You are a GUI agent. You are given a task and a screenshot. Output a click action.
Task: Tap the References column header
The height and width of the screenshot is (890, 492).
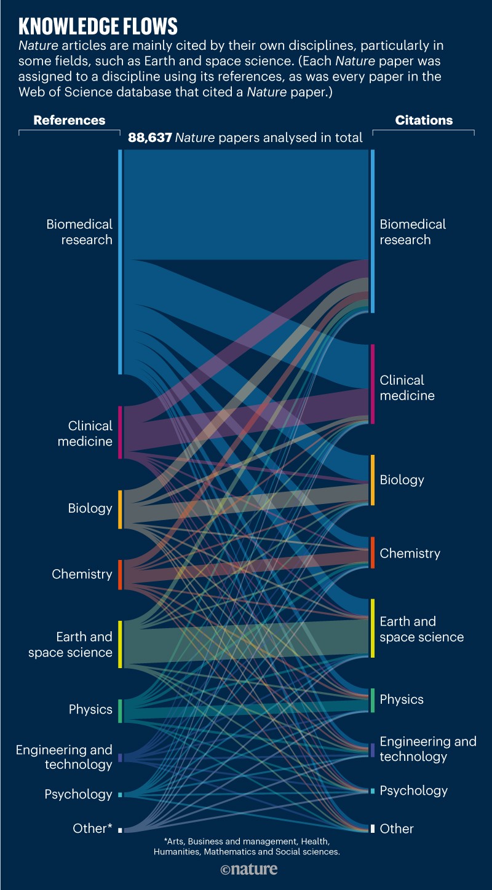click(x=69, y=120)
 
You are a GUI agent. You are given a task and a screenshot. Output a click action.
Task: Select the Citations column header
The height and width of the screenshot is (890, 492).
click(x=423, y=120)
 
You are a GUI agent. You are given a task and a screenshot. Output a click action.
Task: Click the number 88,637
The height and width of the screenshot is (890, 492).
click(x=149, y=138)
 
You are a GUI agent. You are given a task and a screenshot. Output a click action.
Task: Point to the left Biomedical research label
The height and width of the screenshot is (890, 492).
click(x=80, y=232)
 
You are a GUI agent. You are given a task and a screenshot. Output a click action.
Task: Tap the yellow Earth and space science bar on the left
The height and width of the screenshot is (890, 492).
click(x=121, y=644)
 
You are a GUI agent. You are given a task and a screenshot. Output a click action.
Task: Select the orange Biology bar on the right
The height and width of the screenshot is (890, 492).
click(x=372, y=480)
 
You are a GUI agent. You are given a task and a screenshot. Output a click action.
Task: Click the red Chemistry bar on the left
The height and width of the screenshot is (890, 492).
click(x=120, y=575)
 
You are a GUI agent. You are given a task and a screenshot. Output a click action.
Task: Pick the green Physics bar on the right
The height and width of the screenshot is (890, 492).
click(x=372, y=700)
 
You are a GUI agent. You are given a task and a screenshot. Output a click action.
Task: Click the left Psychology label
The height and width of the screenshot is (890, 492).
click(x=78, y=794)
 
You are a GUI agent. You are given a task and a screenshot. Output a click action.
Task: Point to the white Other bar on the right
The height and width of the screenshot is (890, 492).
click(x=372, y=829)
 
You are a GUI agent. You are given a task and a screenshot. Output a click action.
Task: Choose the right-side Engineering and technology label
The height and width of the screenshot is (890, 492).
click(x=427, y=749)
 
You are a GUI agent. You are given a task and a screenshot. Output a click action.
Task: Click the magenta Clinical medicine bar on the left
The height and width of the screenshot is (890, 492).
click(x=120, y=432)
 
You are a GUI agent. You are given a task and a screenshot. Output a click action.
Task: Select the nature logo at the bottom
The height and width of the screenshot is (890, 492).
click(x=248, y=869)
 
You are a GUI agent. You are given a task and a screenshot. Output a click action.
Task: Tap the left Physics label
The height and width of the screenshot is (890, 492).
click(x=90, y=709)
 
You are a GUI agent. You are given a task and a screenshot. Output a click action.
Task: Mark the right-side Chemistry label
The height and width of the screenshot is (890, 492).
click(x=410, y=553)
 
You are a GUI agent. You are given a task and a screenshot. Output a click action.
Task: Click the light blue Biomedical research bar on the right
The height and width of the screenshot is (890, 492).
click(x=372, y=231)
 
